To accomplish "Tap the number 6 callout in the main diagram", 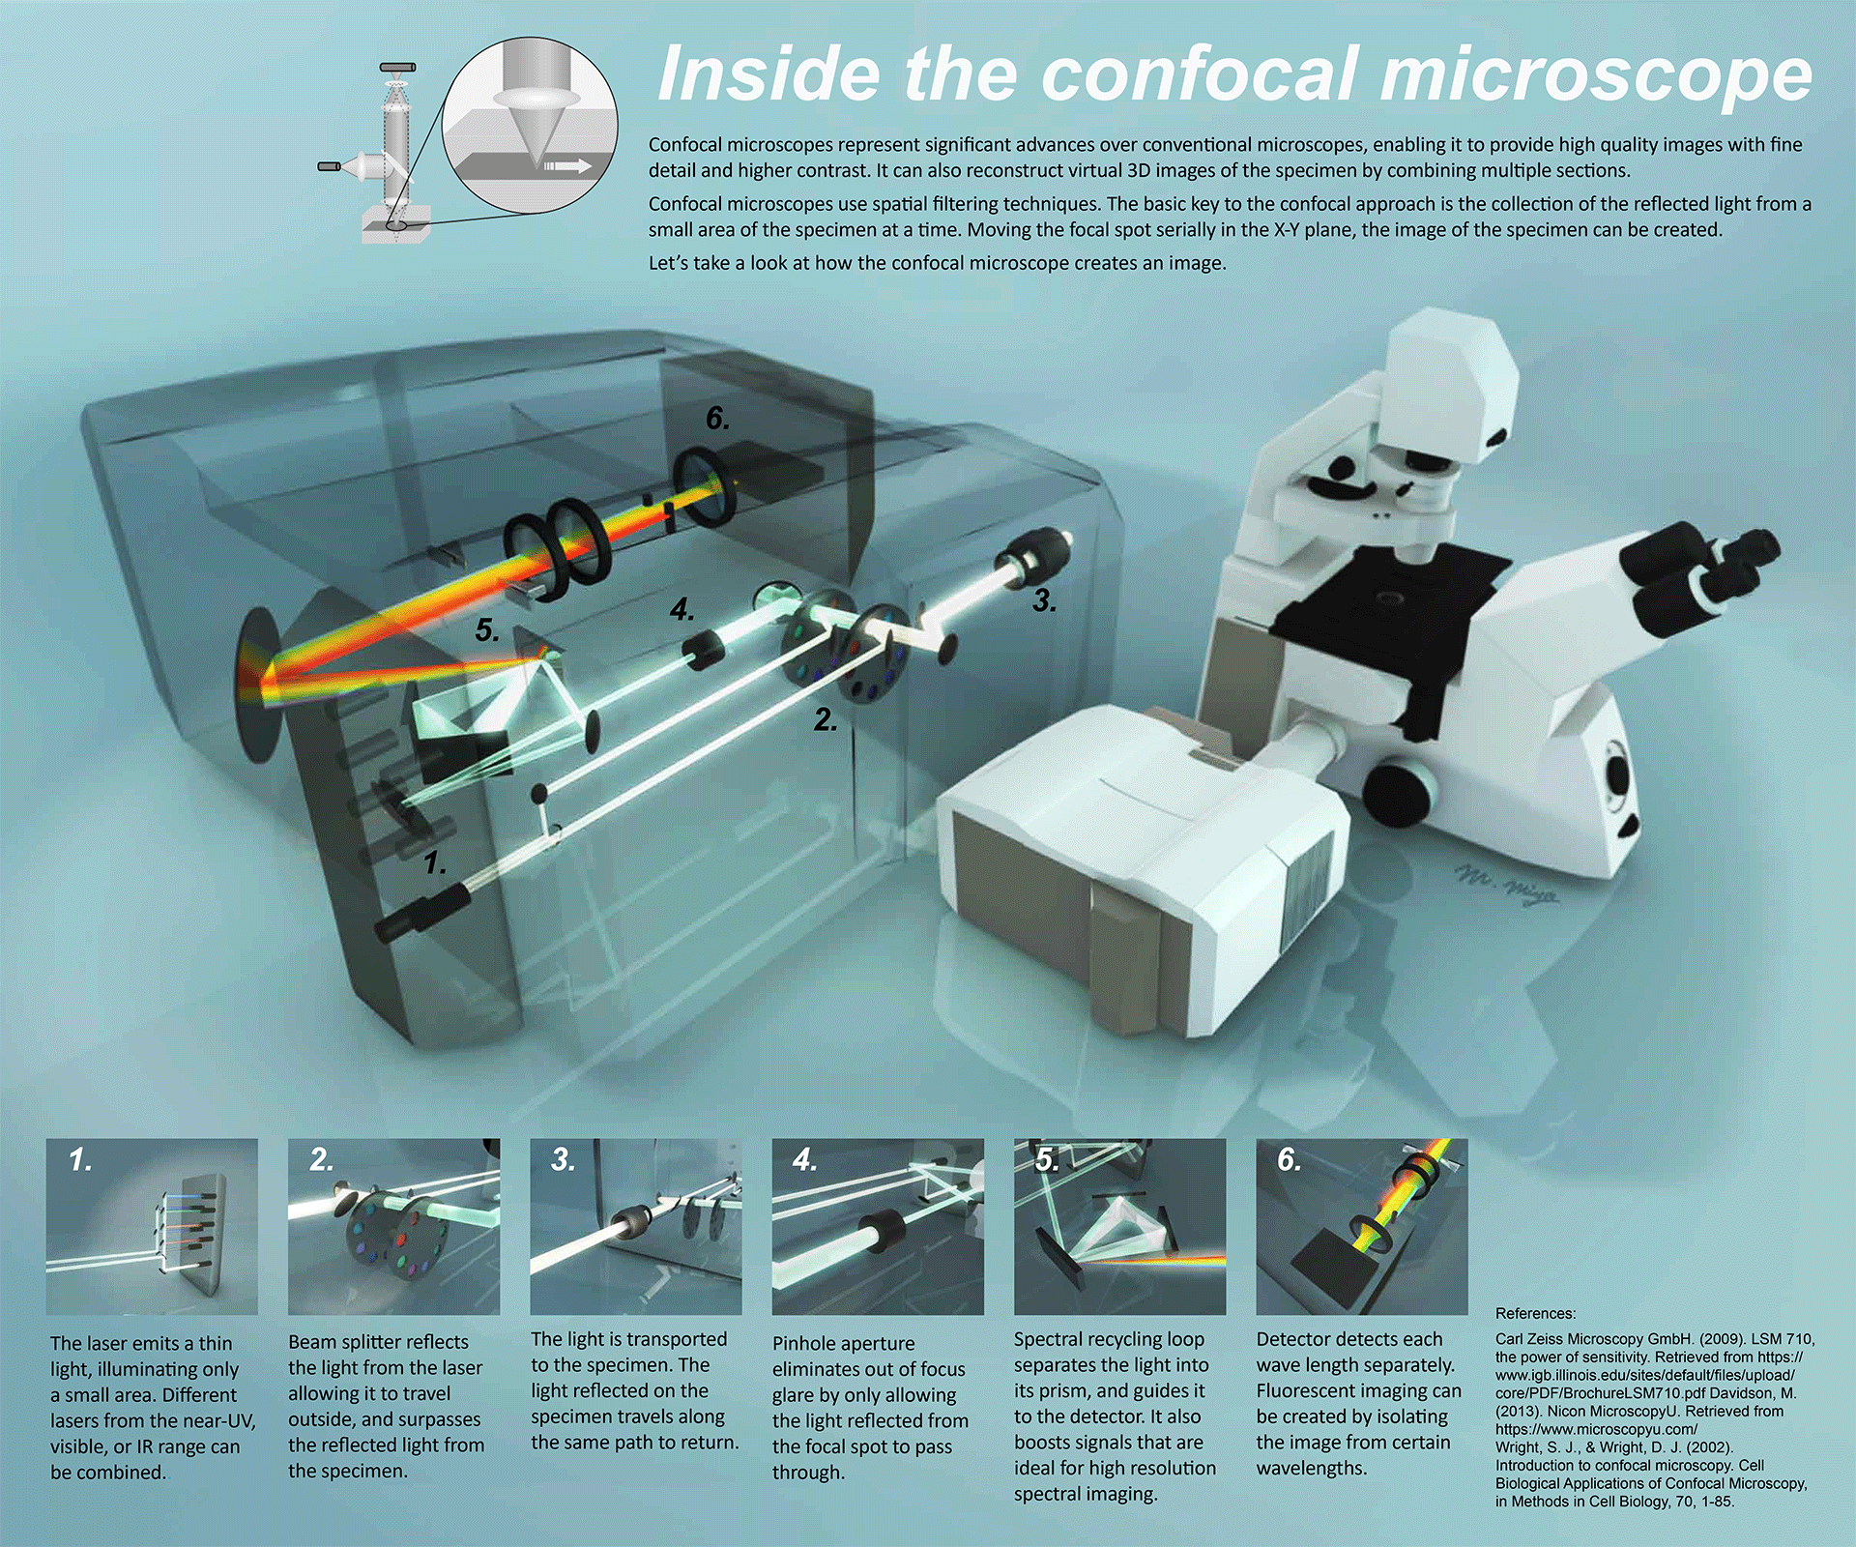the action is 717,418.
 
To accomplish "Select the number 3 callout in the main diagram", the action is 1043,600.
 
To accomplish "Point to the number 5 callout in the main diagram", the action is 487,630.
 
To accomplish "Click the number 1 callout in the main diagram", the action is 435,862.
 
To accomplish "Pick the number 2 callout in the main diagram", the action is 825,719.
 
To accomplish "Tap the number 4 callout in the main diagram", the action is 681,609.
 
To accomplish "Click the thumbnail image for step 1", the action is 152,1226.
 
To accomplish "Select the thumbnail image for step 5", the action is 1119,1226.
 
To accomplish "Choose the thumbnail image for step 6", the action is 1362,1226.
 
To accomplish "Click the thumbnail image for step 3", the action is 636,1226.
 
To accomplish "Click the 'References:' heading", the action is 1535,1313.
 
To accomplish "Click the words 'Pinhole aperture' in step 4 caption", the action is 843,1344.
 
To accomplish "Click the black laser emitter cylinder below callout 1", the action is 422,912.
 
